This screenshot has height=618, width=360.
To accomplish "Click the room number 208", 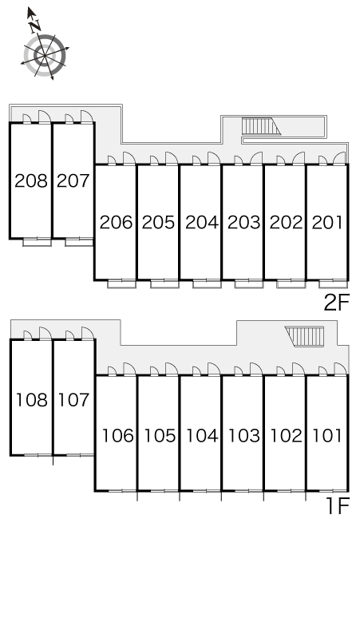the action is (31, 181).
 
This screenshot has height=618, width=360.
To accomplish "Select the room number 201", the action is (327, 223).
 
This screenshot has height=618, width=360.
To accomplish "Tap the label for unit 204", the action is (201, 223).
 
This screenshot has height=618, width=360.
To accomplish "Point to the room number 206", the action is (117, 223).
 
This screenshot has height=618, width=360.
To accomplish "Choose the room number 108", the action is (31, 400).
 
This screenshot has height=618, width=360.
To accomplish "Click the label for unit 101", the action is (327, 436).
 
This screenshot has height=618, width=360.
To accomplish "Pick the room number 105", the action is (159, 436).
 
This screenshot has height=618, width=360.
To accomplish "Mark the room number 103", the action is (243, 436).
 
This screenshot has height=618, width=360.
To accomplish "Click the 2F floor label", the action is (337, 303).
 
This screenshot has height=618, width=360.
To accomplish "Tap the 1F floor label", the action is (338, 506).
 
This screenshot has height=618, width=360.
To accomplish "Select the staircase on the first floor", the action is (304, 336).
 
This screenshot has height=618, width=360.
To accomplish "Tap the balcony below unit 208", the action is (37, 243).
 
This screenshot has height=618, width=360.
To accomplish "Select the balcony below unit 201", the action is (333, 283).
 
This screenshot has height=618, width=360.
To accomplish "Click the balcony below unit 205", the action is (164, 283).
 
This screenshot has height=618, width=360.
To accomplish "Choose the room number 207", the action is (73, 181).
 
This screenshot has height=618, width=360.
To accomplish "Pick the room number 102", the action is (286, 436).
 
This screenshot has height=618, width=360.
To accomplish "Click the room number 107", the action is (73, 400).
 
